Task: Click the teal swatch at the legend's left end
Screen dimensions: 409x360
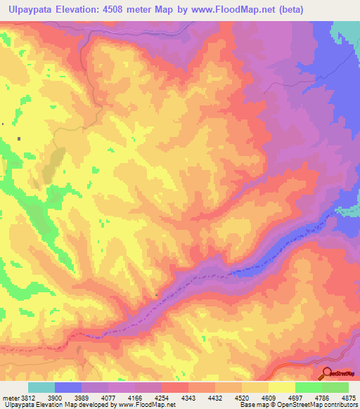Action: tap(41, 387)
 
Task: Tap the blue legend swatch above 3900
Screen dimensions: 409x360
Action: tap(68, 387)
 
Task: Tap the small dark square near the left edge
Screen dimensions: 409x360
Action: tap(20, 138)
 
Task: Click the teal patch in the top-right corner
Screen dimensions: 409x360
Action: tap(346, 32)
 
